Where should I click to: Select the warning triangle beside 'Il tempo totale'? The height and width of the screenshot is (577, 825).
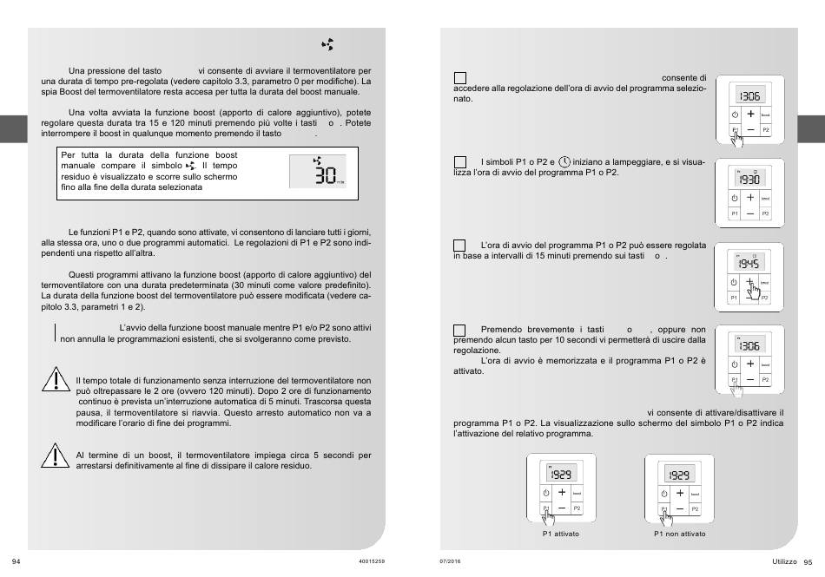[55, 381]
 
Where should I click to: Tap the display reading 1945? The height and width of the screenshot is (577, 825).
[749, 263]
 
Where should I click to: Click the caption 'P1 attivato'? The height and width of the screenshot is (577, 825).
[561, 534]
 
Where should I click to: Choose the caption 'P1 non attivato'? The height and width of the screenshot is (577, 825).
[679, 534]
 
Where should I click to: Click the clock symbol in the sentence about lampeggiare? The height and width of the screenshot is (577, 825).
[564, 161]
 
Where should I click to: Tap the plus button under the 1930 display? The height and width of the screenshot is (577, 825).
[750, 198]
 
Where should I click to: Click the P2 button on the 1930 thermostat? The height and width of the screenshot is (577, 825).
[765, 213]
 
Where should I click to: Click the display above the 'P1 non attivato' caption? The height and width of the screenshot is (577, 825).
[679, 475]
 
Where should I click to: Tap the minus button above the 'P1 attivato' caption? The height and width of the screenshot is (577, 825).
[562, 507]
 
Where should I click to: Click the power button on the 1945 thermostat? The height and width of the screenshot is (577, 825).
[735, 281]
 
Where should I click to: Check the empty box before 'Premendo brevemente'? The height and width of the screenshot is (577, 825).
[460, 330]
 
